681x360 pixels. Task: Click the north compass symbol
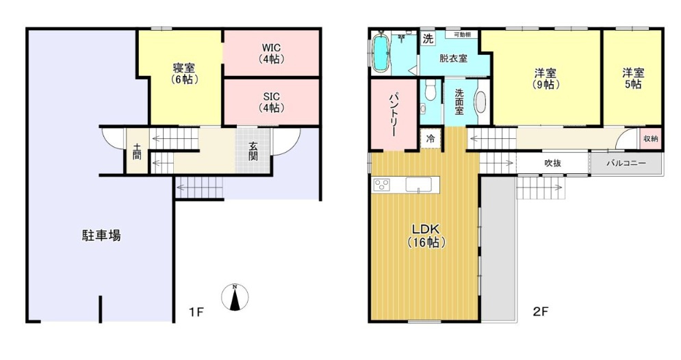tap(235, 297)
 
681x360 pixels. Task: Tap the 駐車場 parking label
tap(101, 236)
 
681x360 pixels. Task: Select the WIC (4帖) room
tap(272, 53)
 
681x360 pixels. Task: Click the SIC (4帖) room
tap(272, 102)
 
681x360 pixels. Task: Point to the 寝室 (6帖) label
tap(184, 74)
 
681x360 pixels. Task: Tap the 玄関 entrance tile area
tap(253, 151)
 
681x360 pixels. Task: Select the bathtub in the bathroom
tap(382, 51)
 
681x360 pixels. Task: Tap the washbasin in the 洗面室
tap(481, 103)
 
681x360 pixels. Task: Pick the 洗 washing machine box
tap(428, 38)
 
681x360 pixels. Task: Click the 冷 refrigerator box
tap(431, 138)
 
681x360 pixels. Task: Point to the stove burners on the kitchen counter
tap(382, 185)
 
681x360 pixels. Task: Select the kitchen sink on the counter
tap(419, 184)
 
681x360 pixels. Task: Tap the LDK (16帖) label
tap(427, 235)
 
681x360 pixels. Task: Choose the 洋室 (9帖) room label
tap(545, 78)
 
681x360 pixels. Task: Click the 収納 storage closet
tap(651, 139)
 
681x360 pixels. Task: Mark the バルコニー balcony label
tap(626, 164)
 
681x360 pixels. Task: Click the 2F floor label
tap(541, 311)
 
